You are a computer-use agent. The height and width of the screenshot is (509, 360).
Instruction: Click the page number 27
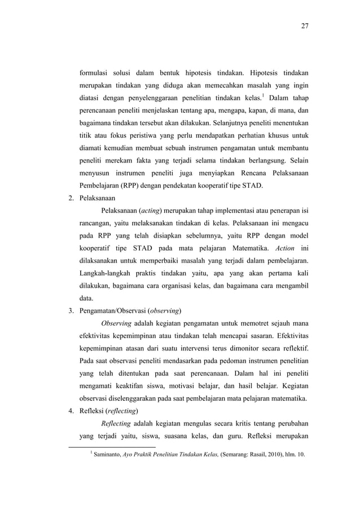click(305, 26)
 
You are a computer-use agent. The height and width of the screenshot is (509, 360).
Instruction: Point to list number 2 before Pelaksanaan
click(70, 199)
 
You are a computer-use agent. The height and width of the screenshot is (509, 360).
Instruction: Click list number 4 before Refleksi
click(70, 410)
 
